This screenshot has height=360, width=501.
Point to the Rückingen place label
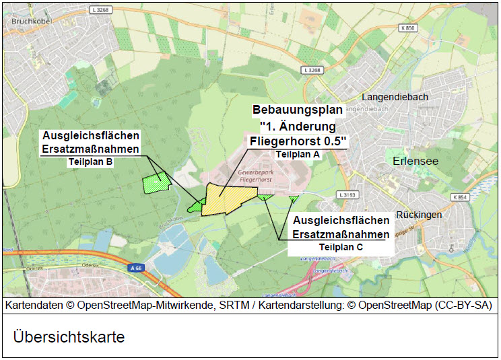click(x=419, y=215)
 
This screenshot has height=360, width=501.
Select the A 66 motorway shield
click(x=137, y=268)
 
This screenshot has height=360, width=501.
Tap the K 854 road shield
click(x=460, y=197)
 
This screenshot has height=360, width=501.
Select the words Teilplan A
click(x=297, y=154)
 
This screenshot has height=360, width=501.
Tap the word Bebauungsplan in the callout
click(x=298, y=110)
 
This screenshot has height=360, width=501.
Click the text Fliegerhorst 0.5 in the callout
click(x=298, y=141)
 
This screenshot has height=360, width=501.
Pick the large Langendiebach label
click(x=395, y=97)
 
